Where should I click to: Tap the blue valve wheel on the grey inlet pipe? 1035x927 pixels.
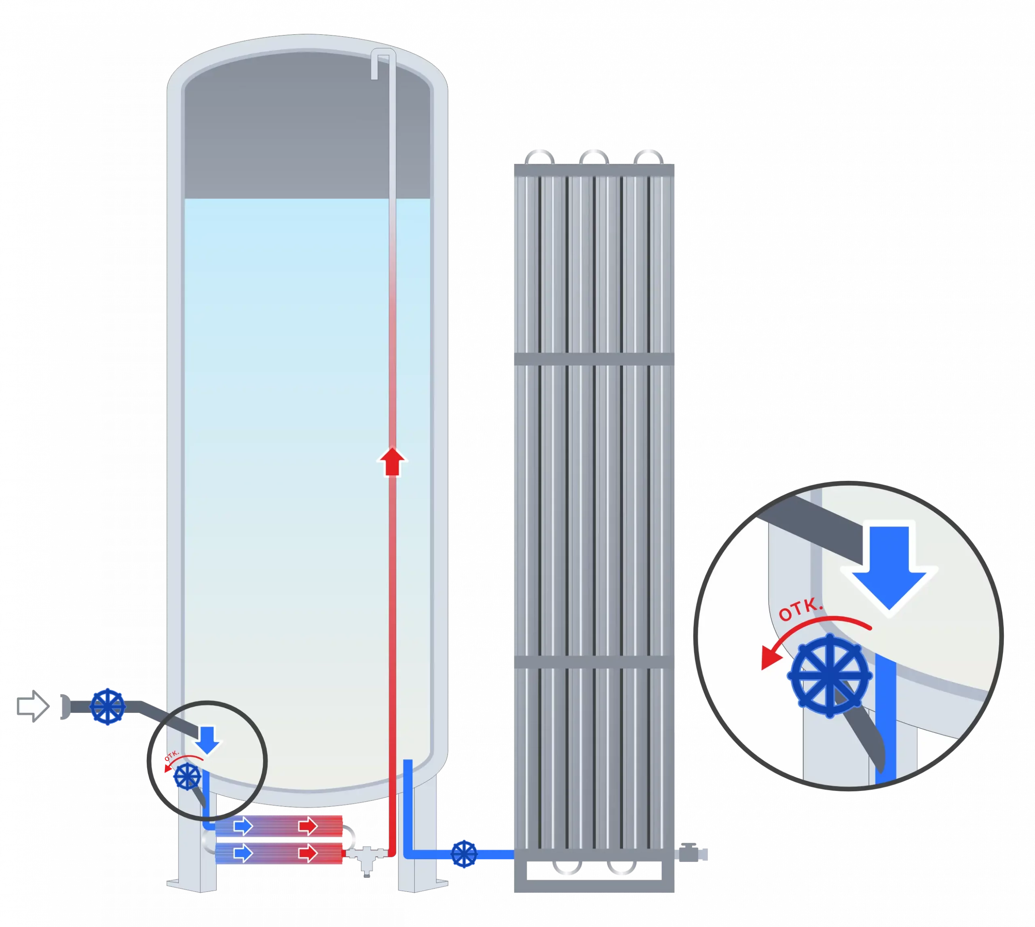click(x=108, y=706)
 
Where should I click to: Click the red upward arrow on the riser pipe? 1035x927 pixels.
click(x=392, y=461)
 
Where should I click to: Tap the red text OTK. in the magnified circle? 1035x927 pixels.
click(x=801, y=611)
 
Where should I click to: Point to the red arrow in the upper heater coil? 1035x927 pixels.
click(x=307, y=826)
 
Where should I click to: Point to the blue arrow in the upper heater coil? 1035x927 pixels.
click(x=243, y=826)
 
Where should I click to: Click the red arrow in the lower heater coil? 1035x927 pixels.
click(x=307, y=853)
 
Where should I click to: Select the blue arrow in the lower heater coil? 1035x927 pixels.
click(x=243, y=853)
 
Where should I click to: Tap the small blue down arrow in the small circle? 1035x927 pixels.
click(x=207, y=740)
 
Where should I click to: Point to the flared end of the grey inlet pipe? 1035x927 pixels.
click(x=65, y=706)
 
